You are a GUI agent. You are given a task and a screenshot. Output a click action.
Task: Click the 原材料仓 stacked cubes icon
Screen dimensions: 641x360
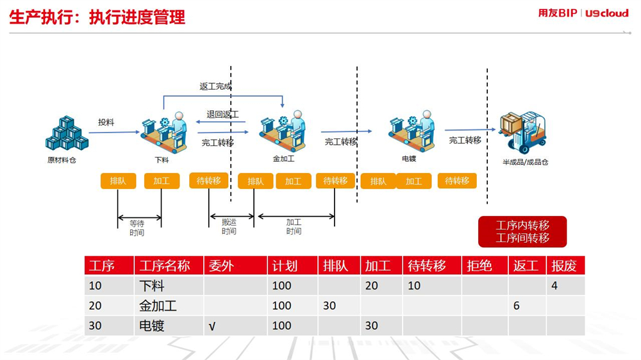point(67,133)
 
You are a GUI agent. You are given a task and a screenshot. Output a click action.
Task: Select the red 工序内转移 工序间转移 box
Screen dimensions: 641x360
point(522,232)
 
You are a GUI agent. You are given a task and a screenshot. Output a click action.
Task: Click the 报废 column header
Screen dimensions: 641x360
point(563,266)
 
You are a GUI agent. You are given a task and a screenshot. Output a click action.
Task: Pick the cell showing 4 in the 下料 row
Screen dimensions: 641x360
point(554,285)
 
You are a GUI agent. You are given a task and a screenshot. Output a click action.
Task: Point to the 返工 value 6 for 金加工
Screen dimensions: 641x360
point(516,306)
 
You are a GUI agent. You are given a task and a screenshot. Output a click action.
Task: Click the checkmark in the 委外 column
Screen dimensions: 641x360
point(212,326)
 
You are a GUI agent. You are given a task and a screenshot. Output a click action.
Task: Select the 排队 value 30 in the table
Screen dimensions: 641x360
point(329,306)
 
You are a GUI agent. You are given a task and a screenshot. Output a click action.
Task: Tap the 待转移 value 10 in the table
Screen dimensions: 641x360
point(414,285)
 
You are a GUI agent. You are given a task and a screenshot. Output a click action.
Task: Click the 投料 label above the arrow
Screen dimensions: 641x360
point(106,122)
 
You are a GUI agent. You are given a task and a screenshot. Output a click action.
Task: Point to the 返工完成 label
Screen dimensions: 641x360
point(215,86)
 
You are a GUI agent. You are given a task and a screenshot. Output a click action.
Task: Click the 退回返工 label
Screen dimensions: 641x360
point(222,114)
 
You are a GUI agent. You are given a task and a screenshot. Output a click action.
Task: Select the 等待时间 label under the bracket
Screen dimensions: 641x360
point(137,228)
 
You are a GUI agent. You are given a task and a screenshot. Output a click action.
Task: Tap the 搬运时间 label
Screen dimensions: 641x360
point(229,226)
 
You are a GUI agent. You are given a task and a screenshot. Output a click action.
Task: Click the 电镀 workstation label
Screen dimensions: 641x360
point(409,159)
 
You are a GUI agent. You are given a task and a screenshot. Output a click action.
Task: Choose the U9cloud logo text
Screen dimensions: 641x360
point(606,13)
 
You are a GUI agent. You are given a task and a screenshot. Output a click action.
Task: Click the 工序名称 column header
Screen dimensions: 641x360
point(165,266)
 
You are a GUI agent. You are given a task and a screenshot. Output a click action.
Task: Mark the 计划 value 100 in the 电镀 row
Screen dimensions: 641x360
point(281,325)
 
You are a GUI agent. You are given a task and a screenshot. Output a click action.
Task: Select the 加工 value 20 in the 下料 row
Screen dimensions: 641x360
point(371,285)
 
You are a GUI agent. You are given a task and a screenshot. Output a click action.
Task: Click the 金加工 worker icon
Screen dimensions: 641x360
point(283,130)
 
